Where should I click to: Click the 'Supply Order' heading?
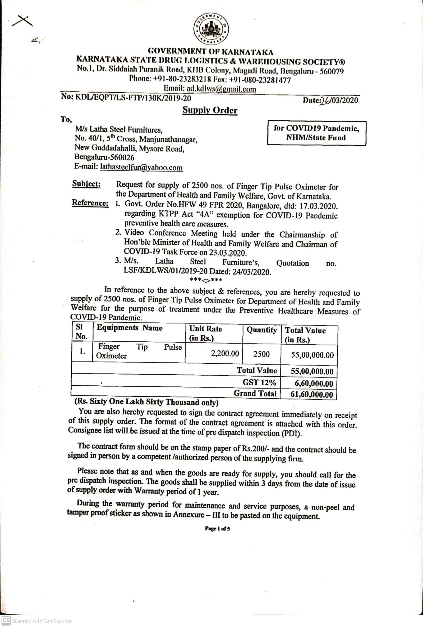(x=210, y=110)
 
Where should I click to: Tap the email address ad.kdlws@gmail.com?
(x=221, y=88)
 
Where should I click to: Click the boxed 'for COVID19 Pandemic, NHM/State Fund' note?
(x=316, y=133)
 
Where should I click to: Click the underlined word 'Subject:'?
(x=86, y=184)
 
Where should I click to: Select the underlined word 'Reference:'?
(x=90, y=203)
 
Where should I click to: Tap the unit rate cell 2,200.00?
(x=225, y=353)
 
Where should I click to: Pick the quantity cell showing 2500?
(x=261, y=354)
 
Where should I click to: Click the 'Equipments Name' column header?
(x=130, y=328)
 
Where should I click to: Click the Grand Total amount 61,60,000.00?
(x=311, y=395)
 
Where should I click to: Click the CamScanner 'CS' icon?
(x=6, y=621)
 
